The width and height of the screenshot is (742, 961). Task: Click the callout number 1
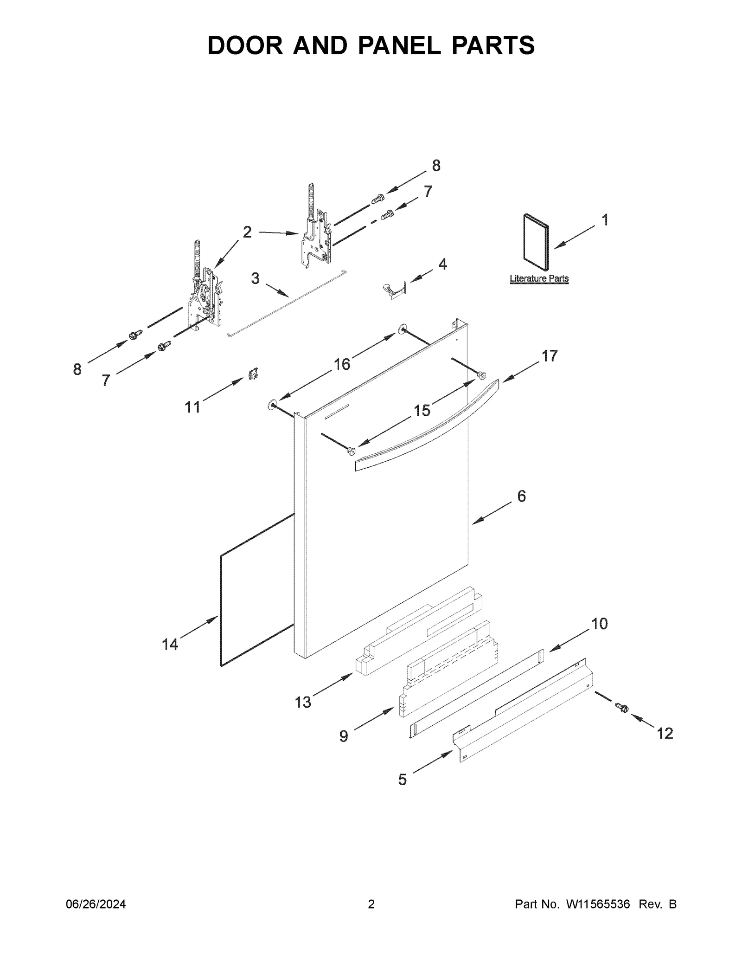(x=605, y=220)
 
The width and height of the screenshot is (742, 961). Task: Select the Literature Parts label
(x=539, y=279)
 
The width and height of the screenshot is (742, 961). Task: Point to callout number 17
(x=550, y=356)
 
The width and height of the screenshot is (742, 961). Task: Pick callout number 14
(x=170, y=645)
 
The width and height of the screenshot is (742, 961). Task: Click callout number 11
(x=192, y=407)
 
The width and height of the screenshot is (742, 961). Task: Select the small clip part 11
(x=253, y=373)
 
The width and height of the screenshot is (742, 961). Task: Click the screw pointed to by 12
(x=621, y=720)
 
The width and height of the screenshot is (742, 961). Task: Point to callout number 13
(x=303, y=703)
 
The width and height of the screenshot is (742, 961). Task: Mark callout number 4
(x=442, y=264)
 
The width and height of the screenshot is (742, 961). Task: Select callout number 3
(x=255, y=278)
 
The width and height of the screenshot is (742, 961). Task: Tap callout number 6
(x=521, y=497)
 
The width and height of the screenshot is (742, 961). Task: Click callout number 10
(x=600, y=624)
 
